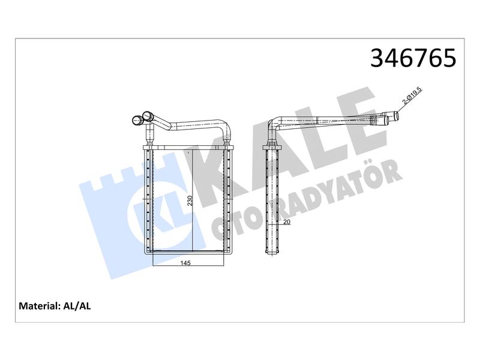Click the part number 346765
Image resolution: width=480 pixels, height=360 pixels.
[x=413, y=58]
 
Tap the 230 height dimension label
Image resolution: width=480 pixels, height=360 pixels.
[x=190, y=200]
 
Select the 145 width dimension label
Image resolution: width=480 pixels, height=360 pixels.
[x=185, y=263]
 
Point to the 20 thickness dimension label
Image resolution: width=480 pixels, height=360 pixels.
[x=287, y=222]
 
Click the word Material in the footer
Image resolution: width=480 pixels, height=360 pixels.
[x=39, y=306]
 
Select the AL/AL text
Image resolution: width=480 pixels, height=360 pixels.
[x=77, y=306]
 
